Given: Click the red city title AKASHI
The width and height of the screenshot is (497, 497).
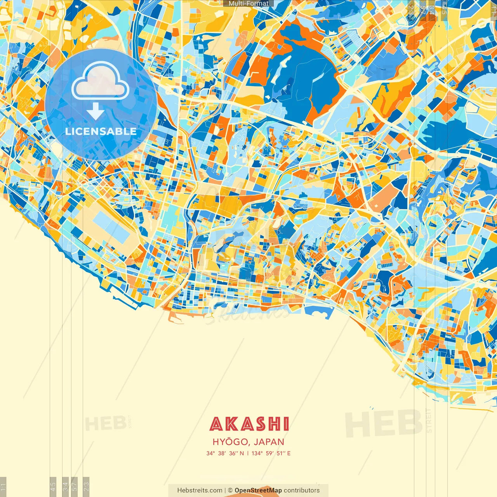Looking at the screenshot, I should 249,424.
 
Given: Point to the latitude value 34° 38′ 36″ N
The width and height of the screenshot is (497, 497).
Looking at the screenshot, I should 225,453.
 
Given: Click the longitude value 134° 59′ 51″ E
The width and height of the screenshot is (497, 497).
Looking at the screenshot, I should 271,453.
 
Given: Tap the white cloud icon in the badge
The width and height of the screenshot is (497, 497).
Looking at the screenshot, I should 100,82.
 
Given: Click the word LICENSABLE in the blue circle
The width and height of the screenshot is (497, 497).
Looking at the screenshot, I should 101,131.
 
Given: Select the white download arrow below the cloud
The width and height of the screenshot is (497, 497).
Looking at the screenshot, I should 96,111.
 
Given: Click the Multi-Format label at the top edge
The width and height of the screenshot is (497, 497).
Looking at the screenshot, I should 248,3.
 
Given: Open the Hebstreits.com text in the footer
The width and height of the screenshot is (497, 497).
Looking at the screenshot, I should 200,490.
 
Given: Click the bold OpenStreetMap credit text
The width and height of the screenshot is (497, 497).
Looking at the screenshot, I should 258,490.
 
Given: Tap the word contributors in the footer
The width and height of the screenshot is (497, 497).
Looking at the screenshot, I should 302,490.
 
